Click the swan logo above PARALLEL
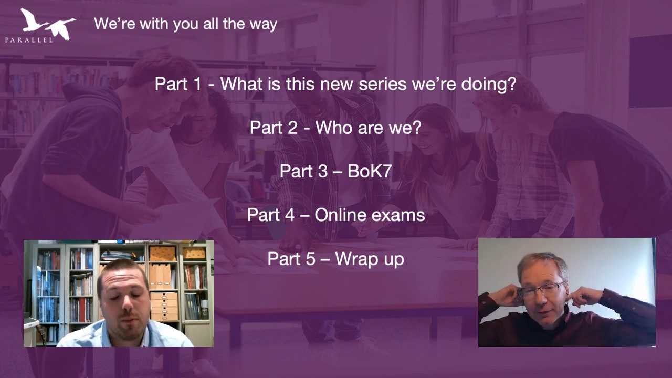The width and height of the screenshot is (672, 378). [x=48, y=24]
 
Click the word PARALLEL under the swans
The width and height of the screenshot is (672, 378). [x=29, y=40]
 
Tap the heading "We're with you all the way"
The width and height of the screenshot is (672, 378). [x=186, y=24]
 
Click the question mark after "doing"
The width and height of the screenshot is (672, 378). [x=512, y=83]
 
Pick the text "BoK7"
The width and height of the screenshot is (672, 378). [x=370, y=171]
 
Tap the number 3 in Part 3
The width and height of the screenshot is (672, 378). [x=322, y=171]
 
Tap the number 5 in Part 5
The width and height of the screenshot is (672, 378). [x=310, y=259]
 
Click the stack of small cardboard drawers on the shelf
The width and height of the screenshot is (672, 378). [x=164, y=306]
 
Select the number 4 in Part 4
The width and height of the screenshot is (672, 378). [x=289, y=215]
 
